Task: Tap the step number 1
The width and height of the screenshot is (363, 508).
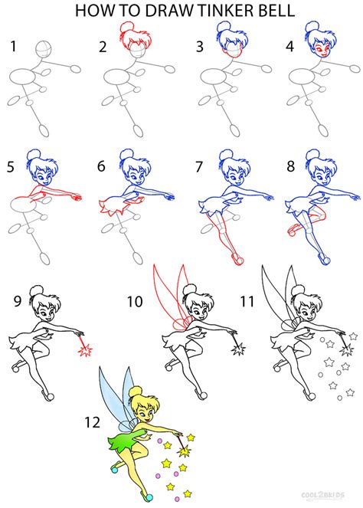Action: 13,47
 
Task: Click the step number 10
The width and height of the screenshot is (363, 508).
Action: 135,302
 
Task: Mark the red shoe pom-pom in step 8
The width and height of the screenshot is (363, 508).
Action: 292,228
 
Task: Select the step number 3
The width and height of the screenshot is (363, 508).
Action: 200,47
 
